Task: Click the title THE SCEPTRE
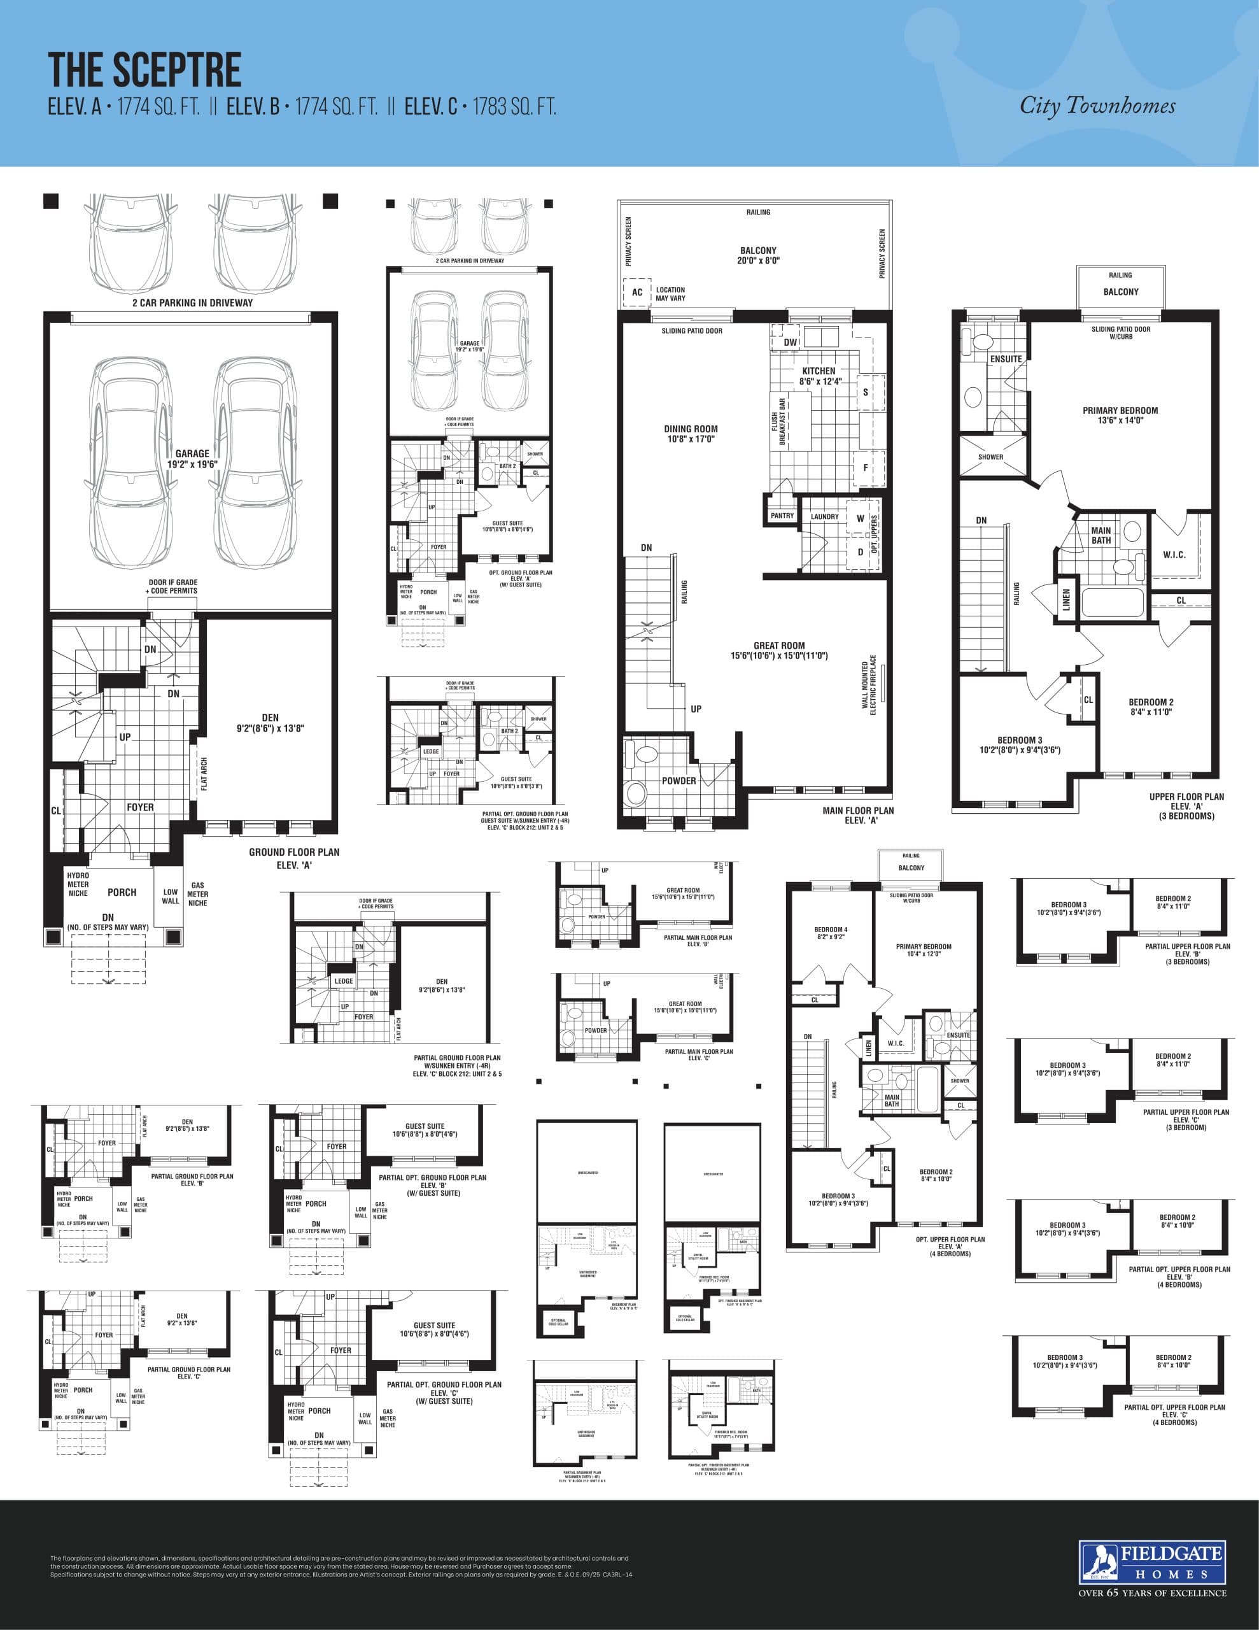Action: coord(144,70)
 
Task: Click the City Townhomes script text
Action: coord(1097,106)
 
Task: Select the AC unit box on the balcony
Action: coord(637,292)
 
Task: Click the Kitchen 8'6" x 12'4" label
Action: coord(819,376)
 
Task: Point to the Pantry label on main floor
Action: coord(782,516)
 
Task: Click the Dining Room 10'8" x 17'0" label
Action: coord(691,434)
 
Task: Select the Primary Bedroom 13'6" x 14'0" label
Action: coord(1120,415)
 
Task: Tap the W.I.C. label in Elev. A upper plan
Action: coord(1174,555)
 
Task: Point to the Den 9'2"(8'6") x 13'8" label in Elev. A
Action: coord(270,723)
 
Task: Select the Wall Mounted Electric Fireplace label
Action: coord(869,684)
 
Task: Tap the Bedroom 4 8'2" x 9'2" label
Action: coord(830,933)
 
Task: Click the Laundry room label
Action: coord(825,516)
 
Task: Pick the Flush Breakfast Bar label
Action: coord(778,422)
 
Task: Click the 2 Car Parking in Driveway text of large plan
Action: coord(193,303)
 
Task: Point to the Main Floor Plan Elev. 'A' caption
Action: coord(857,815)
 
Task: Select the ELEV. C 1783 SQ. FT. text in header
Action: coord(481,107)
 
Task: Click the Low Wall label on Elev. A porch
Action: coord(170,896)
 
